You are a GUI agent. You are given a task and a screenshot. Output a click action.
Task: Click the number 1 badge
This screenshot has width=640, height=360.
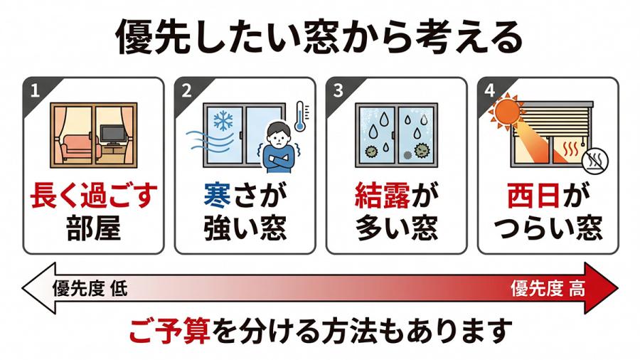tap(35, 90)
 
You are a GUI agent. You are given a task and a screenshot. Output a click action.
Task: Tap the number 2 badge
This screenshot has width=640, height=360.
tap(186, 90)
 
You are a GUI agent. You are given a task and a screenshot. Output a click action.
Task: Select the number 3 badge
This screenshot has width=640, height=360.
tap(338, 90)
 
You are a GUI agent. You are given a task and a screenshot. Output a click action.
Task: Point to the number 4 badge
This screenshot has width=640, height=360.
tap(490, 90)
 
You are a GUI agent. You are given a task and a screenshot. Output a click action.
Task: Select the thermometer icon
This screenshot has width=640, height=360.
tap(300, 117)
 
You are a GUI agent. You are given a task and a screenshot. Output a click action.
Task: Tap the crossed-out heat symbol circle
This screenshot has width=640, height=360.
tap(595, 160)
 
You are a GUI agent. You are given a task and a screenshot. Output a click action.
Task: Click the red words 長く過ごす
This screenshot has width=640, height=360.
tap(93, 196)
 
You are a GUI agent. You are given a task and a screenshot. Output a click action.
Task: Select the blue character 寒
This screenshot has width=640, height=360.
tap(217, 196)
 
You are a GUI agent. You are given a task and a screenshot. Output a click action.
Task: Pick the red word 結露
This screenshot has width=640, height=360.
tap(383, 196)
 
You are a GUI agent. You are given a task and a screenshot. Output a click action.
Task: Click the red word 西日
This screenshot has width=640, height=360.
tap(533, 196)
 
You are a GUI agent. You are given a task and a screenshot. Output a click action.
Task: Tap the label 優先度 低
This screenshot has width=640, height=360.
tap(90, 289)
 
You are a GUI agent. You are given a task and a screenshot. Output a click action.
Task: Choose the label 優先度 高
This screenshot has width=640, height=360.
tap(548, 289)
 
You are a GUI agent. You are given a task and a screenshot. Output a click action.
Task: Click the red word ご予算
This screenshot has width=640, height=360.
tap(170, 331)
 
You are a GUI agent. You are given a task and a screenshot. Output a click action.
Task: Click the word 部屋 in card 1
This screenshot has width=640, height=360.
tap(93, 228)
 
